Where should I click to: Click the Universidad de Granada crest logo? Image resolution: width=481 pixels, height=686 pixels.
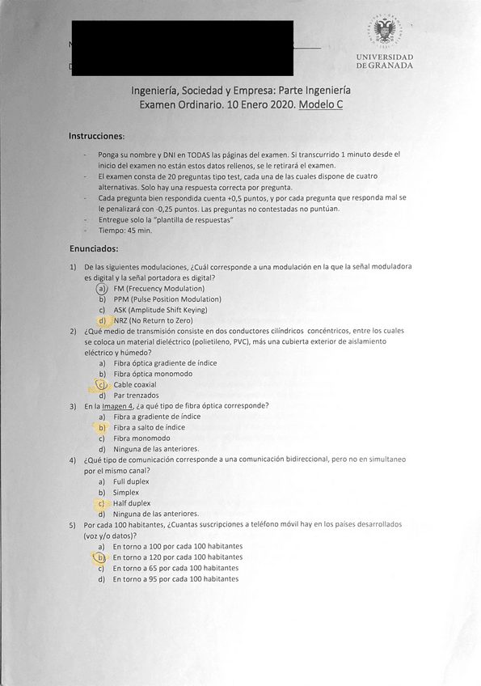[x=384, y=33]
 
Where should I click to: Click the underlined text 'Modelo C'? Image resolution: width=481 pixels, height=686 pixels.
[x=320, y=105]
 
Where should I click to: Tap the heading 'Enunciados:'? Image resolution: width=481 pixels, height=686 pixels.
[x=94, y=248]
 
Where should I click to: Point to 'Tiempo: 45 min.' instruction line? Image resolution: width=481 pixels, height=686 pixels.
[x=124, y=231]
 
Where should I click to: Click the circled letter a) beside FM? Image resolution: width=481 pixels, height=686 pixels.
[x=102, y=289]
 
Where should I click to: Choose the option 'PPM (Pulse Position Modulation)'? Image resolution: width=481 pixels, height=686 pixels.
[x=167, y=299]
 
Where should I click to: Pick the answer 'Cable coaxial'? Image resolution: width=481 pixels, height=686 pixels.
[x=135, y=385]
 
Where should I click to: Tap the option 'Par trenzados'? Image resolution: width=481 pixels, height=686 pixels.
[x=136, y=396]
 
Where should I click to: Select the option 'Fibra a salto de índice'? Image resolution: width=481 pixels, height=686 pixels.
[x=149, y=427]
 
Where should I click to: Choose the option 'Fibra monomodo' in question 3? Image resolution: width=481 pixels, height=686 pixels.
[x=141, y=438]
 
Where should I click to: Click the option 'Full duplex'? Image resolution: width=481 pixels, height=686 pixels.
[x=132, y=481]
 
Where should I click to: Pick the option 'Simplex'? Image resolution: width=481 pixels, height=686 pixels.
[x=126, y=492]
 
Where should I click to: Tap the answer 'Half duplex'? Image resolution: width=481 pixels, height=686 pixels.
[x=132, y=503]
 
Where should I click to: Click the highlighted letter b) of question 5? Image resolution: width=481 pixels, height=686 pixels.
[x=101, y=557]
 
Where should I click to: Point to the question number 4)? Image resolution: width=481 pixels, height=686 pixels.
[x=73, y=459]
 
